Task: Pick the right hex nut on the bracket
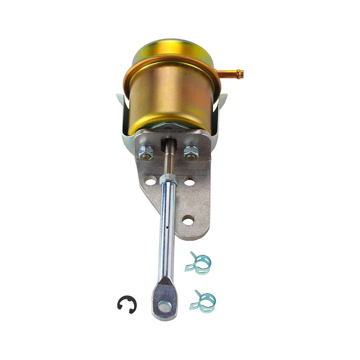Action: tap(190, 152)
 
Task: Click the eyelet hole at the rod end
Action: tap(165, 307)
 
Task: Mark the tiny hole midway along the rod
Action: tap(167, 228)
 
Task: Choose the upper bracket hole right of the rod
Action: tap(189, 182)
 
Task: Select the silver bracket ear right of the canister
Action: tap(222, 110)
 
